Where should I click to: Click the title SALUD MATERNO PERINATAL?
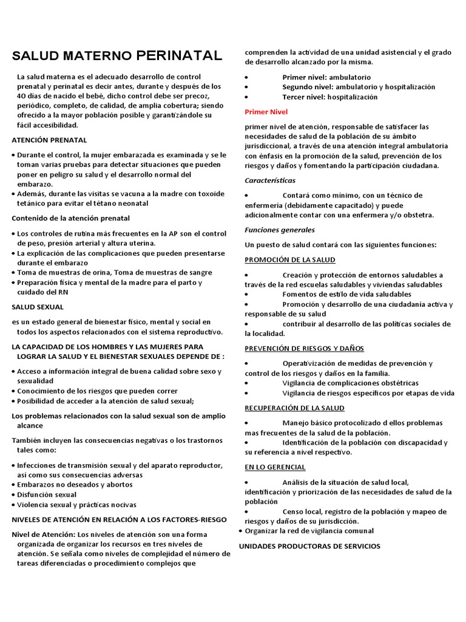click(117, 56)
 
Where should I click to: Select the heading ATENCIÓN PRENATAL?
click(49, 140)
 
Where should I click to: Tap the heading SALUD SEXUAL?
click(38, 307)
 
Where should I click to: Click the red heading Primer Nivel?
click(266, 112)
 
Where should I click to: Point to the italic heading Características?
click(270, 180)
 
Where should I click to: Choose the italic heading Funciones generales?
click(280, 230)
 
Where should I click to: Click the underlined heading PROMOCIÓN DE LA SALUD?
click(289, 259)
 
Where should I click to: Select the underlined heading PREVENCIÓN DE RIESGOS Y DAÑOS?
click(304, 348)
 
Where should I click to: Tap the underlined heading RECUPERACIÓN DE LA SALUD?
click(294, 408)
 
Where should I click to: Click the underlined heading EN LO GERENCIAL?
click(275, 466)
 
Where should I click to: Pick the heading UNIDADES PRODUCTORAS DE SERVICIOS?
click(309, 546)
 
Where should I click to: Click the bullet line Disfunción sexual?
click(47, 494)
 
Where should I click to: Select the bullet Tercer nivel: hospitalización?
click(329, 97)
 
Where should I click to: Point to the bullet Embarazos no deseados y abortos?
click(75, 484)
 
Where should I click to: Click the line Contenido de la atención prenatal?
click(70, 218)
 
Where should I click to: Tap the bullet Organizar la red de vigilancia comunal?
click(309, 530)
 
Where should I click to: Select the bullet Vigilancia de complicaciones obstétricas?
click(350, 383)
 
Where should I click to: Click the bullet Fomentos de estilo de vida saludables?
click(346, 294)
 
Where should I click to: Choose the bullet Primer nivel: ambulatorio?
click(326, 77)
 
